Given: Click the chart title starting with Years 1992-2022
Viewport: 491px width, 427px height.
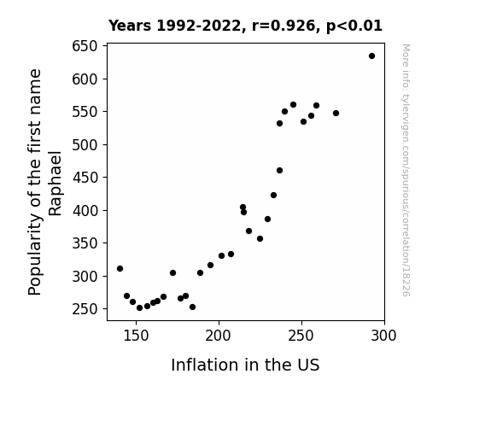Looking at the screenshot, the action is (x=245, y=26).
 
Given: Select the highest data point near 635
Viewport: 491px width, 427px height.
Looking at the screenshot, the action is (x=371, y=56).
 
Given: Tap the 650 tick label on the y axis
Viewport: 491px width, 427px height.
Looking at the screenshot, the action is (x=85, y=46).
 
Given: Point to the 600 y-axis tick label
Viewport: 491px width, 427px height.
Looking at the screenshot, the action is (x=85, y=79).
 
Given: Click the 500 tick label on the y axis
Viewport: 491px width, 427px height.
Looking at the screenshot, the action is (x=85, y=144).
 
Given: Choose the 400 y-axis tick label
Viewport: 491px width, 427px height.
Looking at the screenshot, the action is (x=85, y=211).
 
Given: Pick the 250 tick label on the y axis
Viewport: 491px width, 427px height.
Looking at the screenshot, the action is (x=85, y=309).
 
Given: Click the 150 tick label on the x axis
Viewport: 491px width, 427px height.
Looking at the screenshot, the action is (x=136, y=336).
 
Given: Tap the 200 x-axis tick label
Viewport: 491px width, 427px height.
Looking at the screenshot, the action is (x=219, y=336).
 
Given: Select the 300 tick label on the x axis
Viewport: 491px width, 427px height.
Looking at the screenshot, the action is (x=384, y=336).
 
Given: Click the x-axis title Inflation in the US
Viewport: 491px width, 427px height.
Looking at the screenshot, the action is (x=245, y=365).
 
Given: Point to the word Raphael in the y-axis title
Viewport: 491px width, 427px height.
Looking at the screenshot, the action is (x=56, y=184).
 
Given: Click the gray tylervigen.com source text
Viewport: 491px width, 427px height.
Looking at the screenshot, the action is (x=406, y=170).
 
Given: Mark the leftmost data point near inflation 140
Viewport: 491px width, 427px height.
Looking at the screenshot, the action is (x=120, y=268).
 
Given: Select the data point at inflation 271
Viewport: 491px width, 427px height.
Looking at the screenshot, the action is (x=336, y=113).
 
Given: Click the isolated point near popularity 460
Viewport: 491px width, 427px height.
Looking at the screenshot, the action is (x=279, y=171).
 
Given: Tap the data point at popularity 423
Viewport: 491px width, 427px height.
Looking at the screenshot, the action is (x=274, y=196).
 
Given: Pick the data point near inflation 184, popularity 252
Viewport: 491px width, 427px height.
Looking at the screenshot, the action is (x=193, y=307).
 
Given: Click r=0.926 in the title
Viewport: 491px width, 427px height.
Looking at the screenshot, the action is (x=283, y=26).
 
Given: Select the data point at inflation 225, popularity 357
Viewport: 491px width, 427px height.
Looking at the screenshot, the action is (x=260, y=239).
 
